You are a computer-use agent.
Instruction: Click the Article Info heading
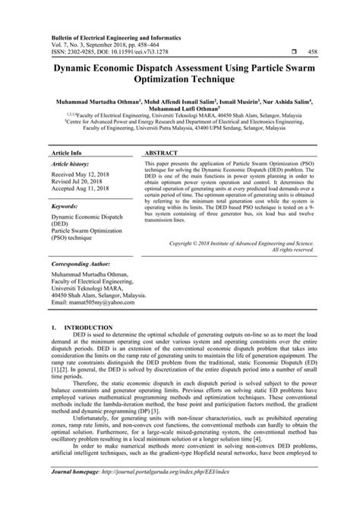[66, 131]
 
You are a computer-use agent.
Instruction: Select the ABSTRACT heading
[161, 131]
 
